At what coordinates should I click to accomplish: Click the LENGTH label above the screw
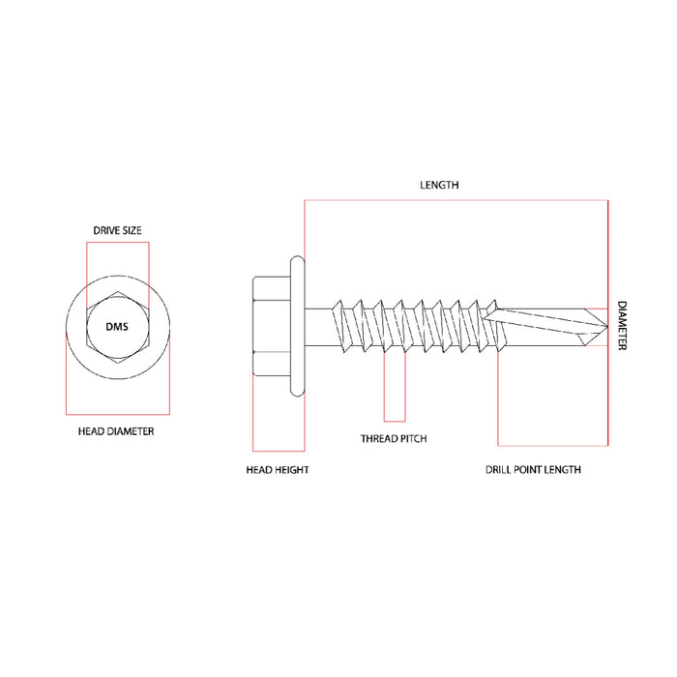click(x=438, y=184)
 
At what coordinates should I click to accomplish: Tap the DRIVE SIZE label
click(x=117, y=230)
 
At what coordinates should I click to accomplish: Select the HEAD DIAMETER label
click(x=116, y=431)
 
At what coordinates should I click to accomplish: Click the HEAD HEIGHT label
click(x=277, y=469)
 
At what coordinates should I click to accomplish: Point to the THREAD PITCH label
click(x=394, y=438)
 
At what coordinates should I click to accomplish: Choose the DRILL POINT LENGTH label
click(x=533, y=469)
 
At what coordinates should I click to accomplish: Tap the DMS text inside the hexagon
click(x=117, y=326)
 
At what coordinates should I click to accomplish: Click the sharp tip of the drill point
click(x=606, y=325)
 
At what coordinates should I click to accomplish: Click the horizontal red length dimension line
click(x=455, y=200)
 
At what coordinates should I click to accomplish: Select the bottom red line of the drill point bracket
click(x=552, y=446)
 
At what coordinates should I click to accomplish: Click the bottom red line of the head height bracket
click(x=279, y=451)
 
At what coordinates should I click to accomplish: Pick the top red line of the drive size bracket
click(x=117, y=243)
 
